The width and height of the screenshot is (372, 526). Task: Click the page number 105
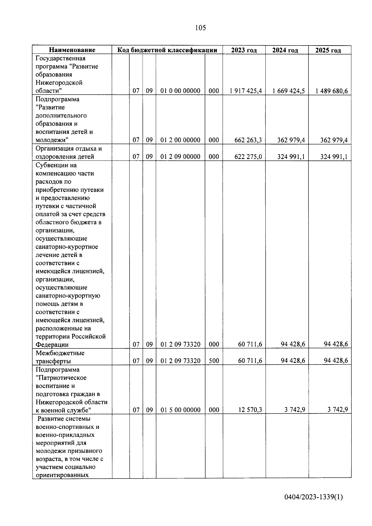[x=200, y=28]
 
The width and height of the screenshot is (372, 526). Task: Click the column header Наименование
[x=72, y=50]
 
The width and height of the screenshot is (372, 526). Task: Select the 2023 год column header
[x=244, y=50]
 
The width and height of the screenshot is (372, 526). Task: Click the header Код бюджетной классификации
[x=167, y=50]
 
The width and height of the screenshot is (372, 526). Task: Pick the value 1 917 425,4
[x=246, y=91]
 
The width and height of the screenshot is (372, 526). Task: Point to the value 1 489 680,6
[x=332, y=91]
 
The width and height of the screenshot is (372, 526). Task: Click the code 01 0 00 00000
[x=180, y=91]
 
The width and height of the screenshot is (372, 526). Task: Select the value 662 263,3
[x=248, y=140]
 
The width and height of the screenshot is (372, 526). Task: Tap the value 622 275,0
[x=248, y=157]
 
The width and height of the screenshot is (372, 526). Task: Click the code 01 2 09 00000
[x=180, y=157]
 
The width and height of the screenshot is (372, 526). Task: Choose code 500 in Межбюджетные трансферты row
[x=214, y=361]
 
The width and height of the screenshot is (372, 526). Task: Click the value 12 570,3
[x=250, y=410]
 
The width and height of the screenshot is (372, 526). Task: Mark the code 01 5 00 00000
[x=180, y=410]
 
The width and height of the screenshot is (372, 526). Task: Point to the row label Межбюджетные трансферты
[x=60, y=357]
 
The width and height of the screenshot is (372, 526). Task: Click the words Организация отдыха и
[x=69, y=148]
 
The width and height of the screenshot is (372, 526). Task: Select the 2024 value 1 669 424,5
[x=289, y=91]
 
